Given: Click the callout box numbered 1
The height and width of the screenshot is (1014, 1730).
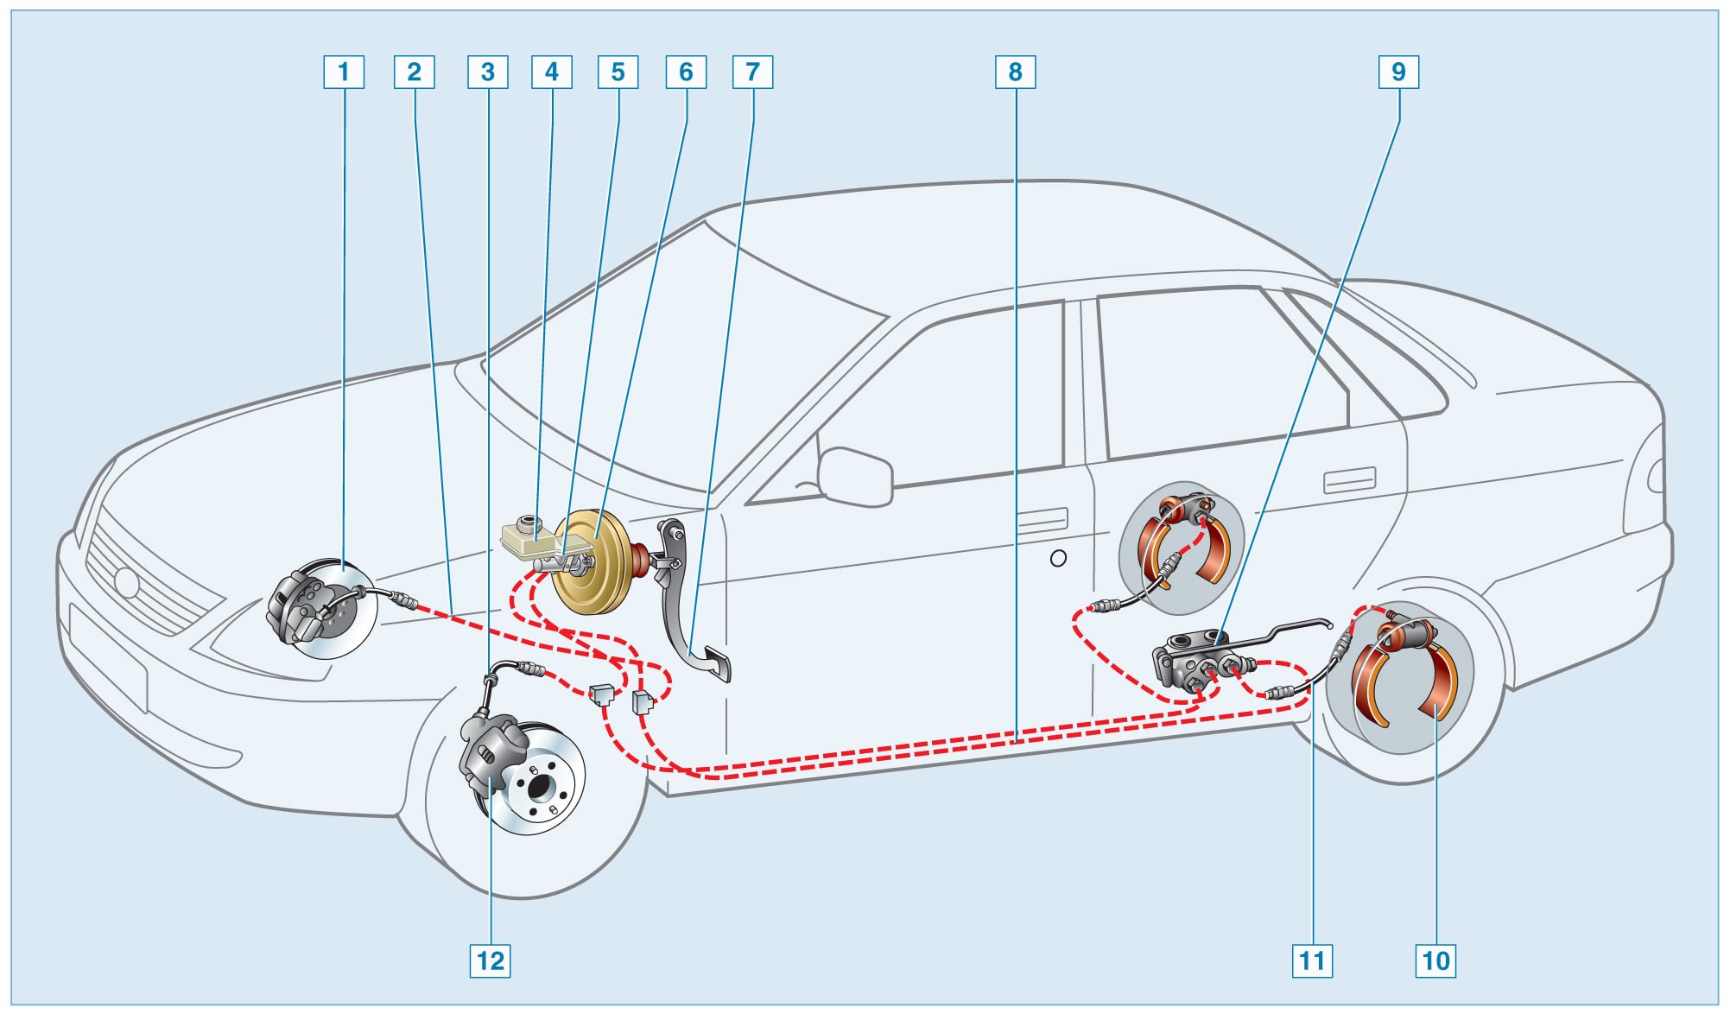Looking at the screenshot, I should point(344,72).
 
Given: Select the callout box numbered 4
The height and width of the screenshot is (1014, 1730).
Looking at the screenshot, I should point(552,72).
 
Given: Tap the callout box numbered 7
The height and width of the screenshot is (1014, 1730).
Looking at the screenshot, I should point(752,72).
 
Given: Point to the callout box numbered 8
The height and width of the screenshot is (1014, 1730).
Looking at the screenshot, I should point(1015,72).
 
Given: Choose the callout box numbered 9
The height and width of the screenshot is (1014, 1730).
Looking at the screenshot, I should point(1398,72).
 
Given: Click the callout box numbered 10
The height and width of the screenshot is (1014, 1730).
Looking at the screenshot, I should point(1435,960).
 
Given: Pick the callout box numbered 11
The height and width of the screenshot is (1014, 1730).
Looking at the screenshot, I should point(1312,960).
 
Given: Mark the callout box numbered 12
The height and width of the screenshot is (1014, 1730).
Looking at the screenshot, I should point(490,960).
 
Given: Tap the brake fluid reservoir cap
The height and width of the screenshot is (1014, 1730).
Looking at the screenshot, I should point(525,523).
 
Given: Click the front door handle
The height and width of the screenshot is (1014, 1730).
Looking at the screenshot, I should point(1042,521).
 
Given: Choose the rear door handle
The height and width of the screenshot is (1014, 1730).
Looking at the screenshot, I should point(1349,479).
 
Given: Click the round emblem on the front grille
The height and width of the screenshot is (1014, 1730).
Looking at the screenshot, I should point(127,583).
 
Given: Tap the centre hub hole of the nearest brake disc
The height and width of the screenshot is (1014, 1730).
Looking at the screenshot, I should point(540,787).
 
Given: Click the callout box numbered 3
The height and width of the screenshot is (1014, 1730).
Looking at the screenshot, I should point(487,72).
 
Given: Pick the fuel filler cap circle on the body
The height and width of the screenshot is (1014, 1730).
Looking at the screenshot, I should point(1058,558).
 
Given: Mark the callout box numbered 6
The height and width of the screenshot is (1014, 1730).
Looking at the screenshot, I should point(686,72).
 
